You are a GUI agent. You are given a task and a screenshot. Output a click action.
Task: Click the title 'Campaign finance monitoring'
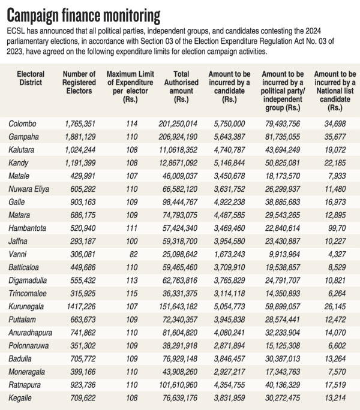[83, 16]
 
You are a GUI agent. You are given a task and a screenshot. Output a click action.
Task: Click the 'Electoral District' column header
[31, 78]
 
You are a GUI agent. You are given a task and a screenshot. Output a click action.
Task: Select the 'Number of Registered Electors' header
[79, 82]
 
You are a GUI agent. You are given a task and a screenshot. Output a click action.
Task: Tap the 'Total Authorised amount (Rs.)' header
[181, 86]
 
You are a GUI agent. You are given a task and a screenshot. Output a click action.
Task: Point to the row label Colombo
[22, 123]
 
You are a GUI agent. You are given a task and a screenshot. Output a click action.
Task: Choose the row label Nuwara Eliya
[29, 189]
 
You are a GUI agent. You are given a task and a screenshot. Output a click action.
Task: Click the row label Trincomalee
[28, 293]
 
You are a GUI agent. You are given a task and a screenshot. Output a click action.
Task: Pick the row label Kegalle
[20, 398]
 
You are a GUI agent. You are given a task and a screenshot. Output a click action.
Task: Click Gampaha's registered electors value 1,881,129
[80, 137]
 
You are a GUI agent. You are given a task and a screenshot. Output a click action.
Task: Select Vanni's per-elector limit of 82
[133, 254]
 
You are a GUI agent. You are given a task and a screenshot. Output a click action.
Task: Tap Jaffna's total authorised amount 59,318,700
[179, 242]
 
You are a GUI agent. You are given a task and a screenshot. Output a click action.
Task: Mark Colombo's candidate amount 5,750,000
[229, 123]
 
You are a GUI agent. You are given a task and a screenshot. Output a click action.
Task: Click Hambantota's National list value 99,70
[337, 228]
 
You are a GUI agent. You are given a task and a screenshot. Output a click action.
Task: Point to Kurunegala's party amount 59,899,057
[283, 306]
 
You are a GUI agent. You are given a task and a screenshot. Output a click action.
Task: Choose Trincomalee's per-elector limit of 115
[131, 293]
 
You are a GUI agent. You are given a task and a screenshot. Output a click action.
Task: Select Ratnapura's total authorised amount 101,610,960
[178, 385]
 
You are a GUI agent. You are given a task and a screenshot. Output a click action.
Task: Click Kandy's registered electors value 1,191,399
[80, 163]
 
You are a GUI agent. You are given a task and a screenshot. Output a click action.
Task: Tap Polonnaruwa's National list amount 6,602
[337, 346]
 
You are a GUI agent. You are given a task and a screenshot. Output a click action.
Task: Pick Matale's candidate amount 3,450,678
[229, 176]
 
